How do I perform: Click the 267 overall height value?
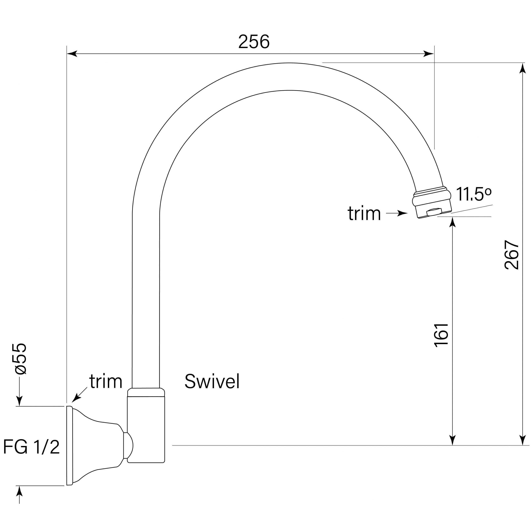click(511, 255)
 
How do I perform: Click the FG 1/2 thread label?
click(31, 447)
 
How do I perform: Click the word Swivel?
click(212, 382)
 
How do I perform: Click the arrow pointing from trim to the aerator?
click(397, 213)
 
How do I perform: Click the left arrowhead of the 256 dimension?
click(72, 54)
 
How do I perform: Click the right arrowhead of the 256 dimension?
click(429, 54)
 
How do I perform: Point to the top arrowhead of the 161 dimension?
click(452, 222)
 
